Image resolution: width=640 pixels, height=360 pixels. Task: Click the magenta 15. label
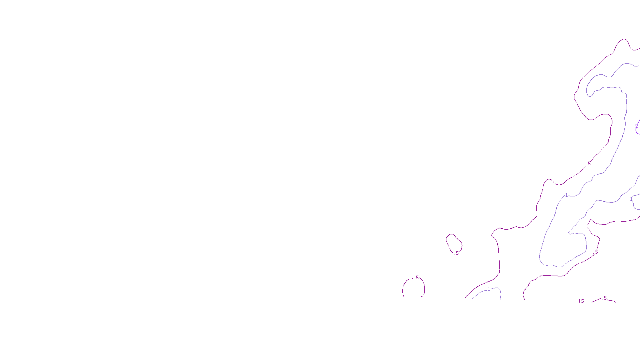[x=581, y=301]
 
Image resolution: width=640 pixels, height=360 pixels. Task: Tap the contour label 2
[x=636, y=126]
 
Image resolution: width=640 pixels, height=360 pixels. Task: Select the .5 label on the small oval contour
[x=457, y=253]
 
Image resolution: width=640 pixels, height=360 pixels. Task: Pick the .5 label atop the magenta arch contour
[x=417, y=278]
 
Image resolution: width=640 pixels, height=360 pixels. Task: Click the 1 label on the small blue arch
[x=488, y=289]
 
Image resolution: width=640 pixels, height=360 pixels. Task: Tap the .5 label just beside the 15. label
[x=605, y=298]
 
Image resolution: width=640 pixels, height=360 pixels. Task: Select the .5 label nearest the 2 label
[x=589, y=164]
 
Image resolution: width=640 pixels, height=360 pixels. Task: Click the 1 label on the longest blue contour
[x=566, y=195]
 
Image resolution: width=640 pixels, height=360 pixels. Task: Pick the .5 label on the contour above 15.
[x=596, y=252]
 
